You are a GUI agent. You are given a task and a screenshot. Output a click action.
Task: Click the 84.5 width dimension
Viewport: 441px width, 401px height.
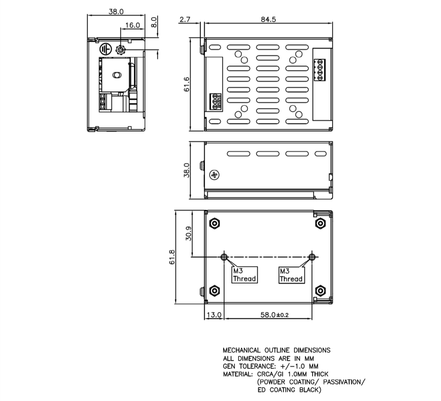pyautogui.click(x=268, y=19)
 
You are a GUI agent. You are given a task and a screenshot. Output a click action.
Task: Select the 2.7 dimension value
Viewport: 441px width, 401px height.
pyautogui.click(x=185, y=19)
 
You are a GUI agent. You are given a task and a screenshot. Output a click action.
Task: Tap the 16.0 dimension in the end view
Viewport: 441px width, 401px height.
pyautogui.click(x=132, y=25)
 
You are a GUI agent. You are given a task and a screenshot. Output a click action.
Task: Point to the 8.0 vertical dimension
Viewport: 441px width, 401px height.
pyautogui.click(x=154, y=22)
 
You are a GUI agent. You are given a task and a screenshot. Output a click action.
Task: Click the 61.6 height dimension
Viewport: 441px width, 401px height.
pyautogui.click(x=187, y=84)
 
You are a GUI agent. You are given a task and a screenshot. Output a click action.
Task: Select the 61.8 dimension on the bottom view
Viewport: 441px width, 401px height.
pyautogui.click(x=172, y=257)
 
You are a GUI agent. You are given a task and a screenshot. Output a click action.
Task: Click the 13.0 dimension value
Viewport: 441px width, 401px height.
pyautogui.click(x=214, y=315)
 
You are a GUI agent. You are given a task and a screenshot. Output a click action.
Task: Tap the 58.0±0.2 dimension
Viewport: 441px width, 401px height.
pyautogui.click(x=274, y=315)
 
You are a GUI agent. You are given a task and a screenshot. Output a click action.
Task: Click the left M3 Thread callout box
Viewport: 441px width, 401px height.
pyautogui.click(x=244, y=275)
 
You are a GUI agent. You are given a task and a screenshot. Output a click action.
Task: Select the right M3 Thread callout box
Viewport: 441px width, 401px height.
pyautogui.click(x=291, y=275)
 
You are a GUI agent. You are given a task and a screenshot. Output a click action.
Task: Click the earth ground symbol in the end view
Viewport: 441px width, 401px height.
pyautogui.click(x=105, y=50)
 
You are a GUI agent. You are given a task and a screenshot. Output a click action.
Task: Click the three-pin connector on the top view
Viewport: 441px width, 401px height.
pyautogui.click(x=215, y=101)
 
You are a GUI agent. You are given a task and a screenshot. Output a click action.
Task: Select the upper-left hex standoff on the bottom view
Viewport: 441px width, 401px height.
pyautogui.click(x=215, y=223)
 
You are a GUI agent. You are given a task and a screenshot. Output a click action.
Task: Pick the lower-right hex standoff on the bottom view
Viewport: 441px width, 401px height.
pyautogui.click(x=320, y=291)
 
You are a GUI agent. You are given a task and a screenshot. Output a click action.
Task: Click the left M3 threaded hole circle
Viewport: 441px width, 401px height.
pyautogui.click(x=224, y=257)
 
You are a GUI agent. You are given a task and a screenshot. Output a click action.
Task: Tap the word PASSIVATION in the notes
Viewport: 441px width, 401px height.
pyautogui.click(x=344, y=382)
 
